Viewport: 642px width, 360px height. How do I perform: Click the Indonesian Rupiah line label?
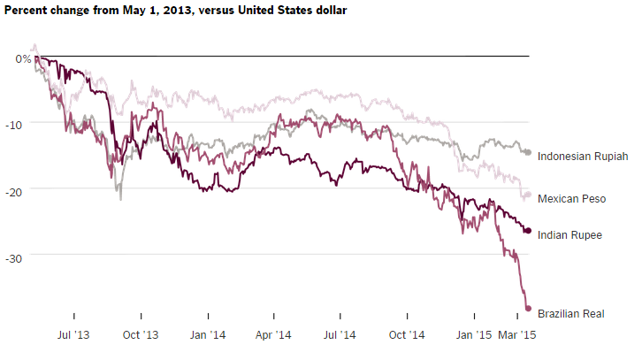(x=582, y=157)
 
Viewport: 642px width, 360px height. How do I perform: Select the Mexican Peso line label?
(x=571, y=199)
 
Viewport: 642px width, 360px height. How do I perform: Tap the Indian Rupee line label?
(x=569, y=234)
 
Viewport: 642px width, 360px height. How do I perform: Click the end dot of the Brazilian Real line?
(x=528, y=309)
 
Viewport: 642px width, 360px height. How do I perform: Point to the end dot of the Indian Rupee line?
(x=528, y=231)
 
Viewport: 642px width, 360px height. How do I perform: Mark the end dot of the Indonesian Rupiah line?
(x=528, y=153)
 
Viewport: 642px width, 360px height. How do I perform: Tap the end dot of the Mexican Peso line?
(x=528, y=195)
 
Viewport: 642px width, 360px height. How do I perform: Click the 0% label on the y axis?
(x=23, y=58)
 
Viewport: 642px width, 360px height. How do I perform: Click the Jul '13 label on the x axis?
(x=74, y=335)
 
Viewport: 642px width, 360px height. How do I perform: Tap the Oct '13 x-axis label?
(x=140, y=335)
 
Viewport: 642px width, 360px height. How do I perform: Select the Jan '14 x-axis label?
(x=207, y=335)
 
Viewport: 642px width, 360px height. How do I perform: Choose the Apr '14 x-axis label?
(x=273, y=335)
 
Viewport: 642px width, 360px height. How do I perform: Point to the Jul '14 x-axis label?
(x=340, y=335)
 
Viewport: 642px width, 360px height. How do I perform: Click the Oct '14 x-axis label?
(x=407, y=335)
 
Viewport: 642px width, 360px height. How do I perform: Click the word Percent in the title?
(x=30, y=11)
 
